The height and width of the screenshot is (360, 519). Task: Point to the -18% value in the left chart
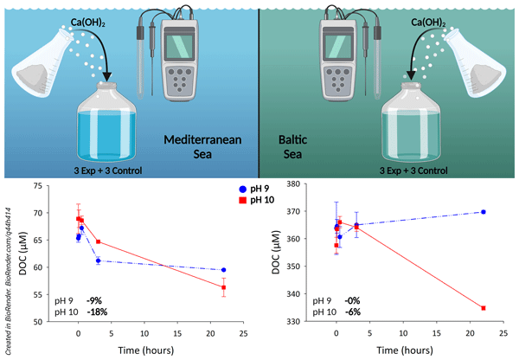tap(96, 311)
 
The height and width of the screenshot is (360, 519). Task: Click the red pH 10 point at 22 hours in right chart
tap(483, 308)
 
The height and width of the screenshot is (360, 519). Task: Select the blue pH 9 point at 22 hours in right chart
tap(483, 212)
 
